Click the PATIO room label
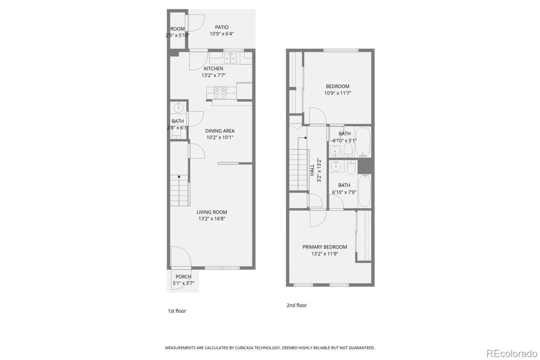(222, 27)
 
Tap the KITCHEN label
(213, 68)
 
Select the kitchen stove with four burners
(220, 93)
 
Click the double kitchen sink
(230, 58)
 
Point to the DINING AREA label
(220, 131)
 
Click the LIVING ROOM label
(212, 212)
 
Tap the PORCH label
(183, 276)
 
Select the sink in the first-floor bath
(179, 107)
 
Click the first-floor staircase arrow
(179, 176)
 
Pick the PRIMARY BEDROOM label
(325, 247)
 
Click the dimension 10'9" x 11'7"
(338, 93)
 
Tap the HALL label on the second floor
(312, 170)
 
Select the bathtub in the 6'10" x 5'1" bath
(363, 141)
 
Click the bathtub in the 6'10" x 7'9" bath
(364, 191)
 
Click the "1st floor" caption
(177, 311)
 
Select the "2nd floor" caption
(297, 305)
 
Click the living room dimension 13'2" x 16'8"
(212, 219)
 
